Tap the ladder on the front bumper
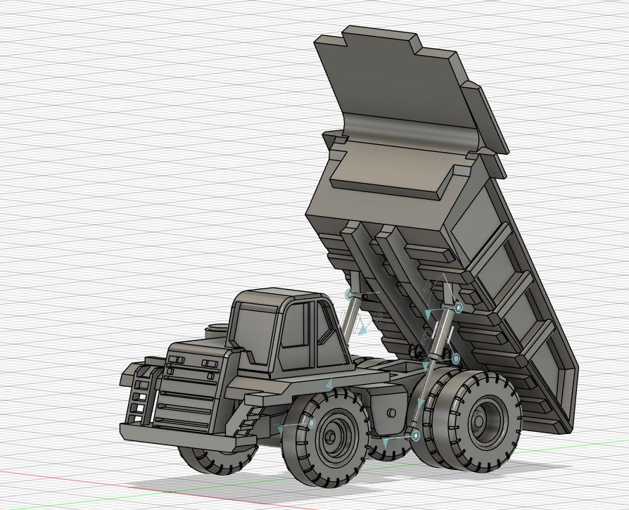142,397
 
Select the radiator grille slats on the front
185,397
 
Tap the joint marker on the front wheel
310,423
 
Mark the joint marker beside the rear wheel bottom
415,436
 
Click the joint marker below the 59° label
458,307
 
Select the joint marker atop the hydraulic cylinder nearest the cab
348,293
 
